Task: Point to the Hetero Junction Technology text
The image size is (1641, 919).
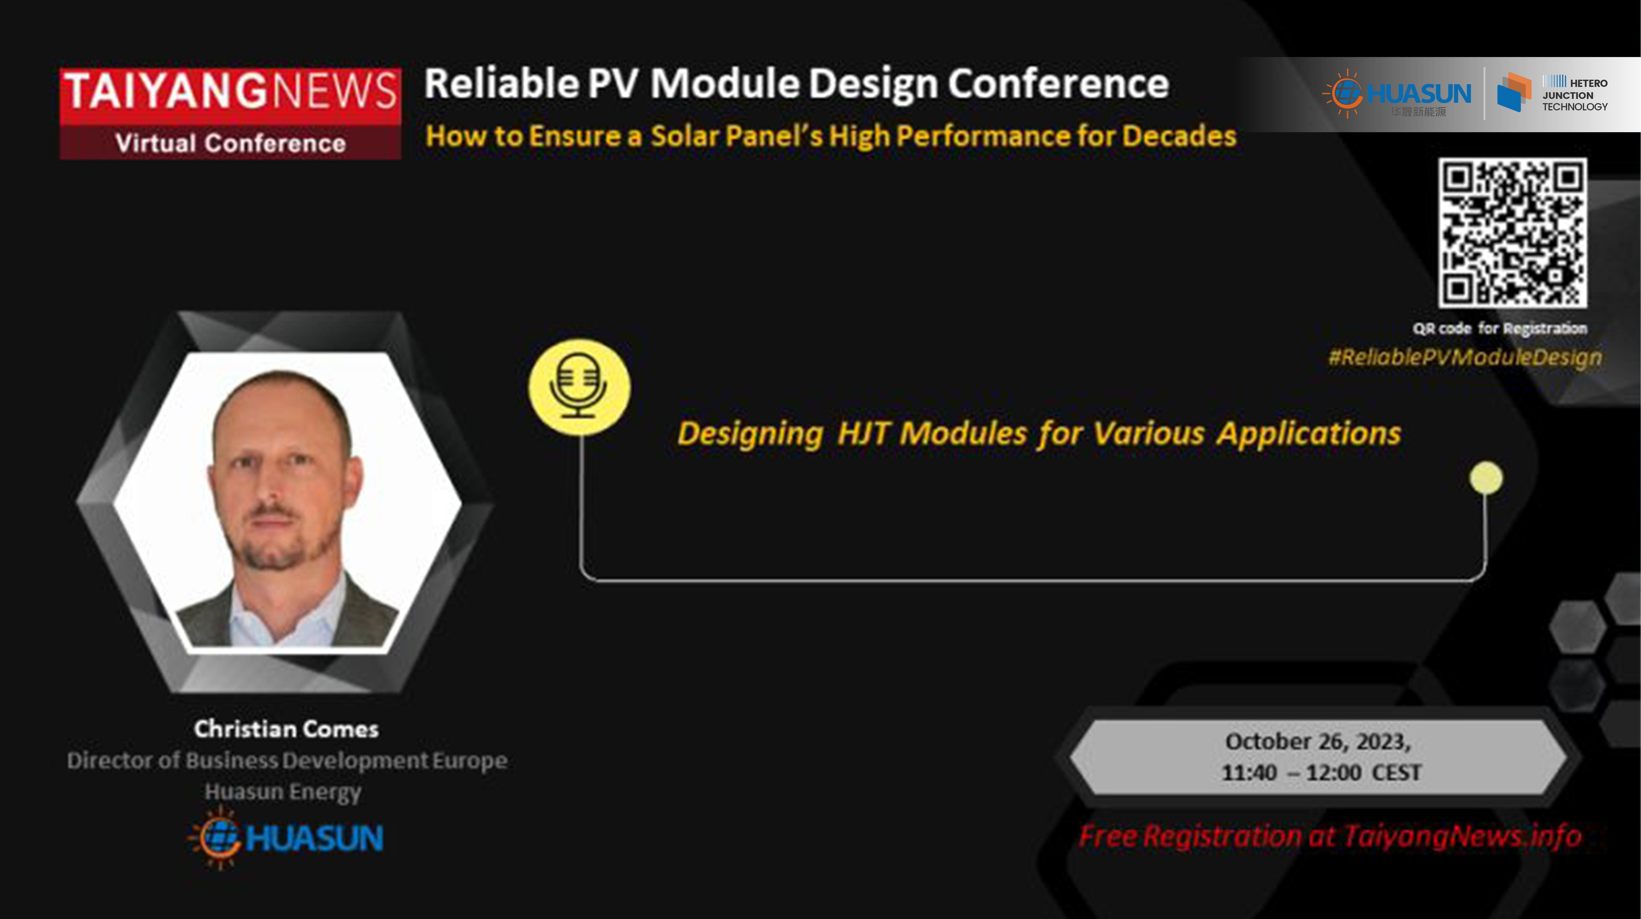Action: click(1575, 94)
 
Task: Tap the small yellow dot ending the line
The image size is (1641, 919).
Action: click(1486, 478)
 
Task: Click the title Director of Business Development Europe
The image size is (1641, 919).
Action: click(287, 760)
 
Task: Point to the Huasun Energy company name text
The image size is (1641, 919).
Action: click(283, 792)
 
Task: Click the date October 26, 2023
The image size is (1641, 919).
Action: click(1318, 741)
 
